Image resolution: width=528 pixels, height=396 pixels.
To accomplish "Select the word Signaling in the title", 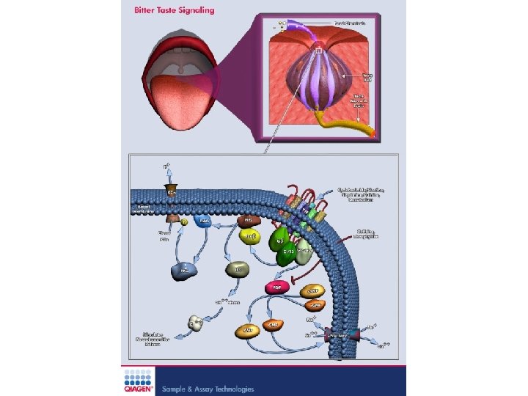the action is click(x=194, y=10).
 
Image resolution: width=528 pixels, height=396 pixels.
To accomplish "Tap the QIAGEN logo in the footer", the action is click(x=137, y=381).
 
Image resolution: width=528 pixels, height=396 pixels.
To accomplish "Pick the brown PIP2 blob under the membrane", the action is click(x=248, y=220).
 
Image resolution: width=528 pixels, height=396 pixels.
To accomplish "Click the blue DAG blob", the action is click(x=205, y=221).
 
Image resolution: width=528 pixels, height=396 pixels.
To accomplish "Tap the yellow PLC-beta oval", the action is click(x=251, y=236).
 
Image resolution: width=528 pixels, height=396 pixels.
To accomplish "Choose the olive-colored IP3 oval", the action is click(x=237, y=270).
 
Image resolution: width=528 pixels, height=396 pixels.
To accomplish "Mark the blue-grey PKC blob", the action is click(x=183, y=271).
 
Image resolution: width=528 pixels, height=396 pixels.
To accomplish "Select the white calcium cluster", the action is click(x=196, y=322).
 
